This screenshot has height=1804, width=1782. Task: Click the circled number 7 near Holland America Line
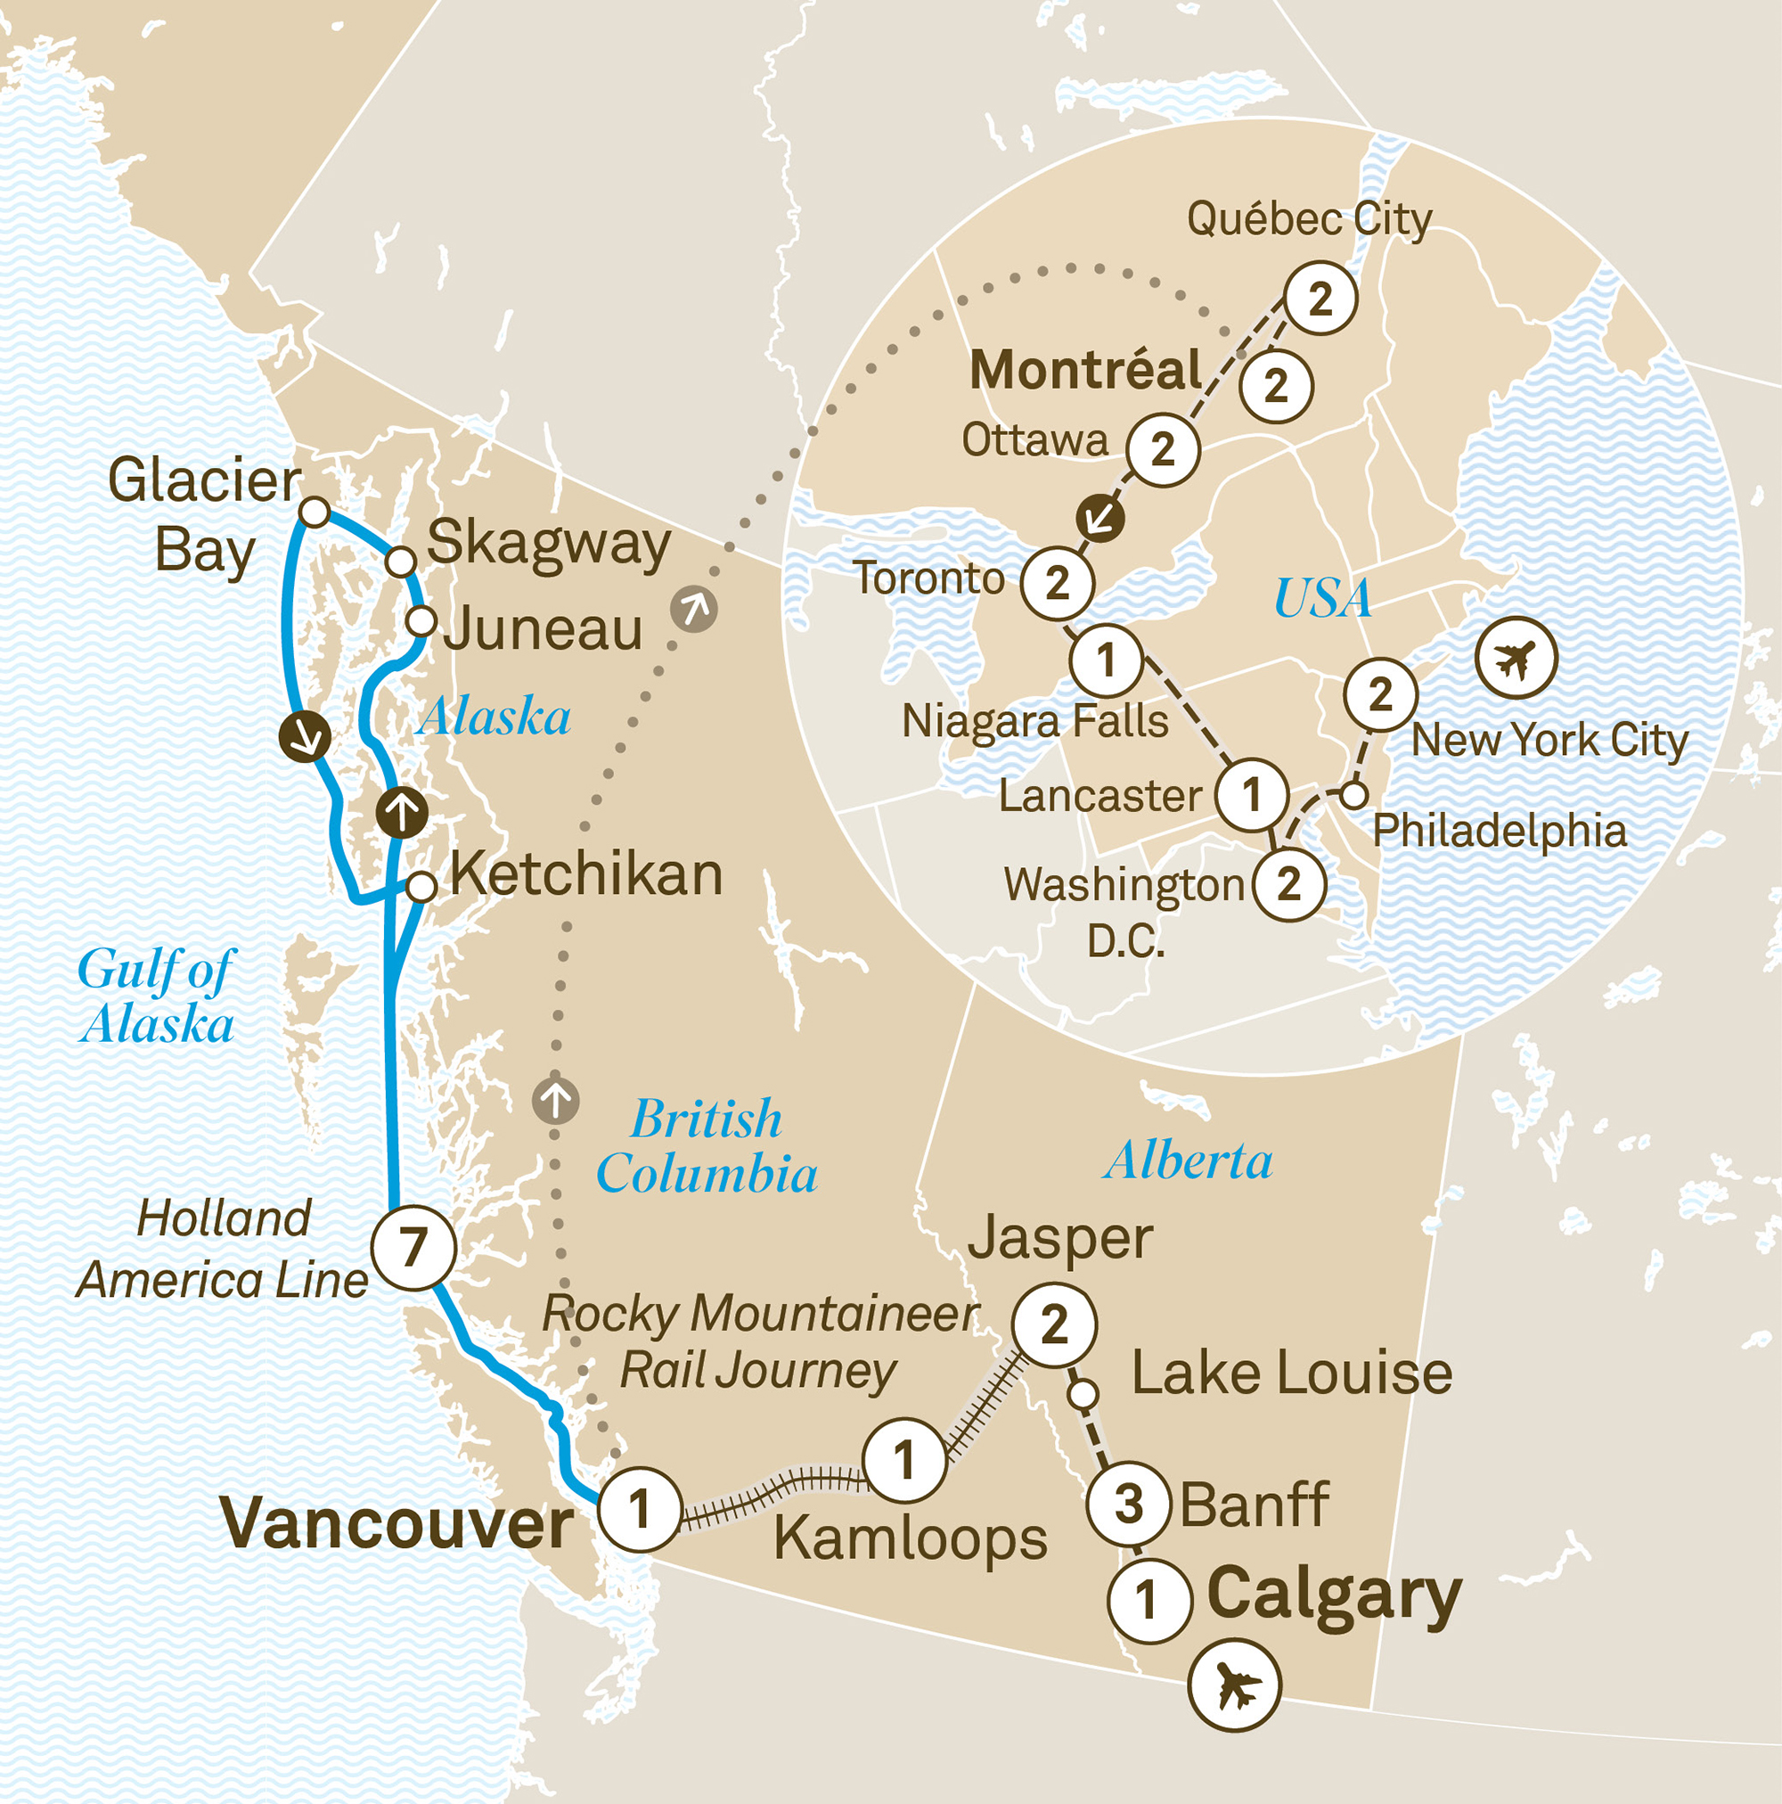coord(413,1248)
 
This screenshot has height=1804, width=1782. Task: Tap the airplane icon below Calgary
coord(1235,1685)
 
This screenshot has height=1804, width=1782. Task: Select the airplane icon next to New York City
coord(1516,658)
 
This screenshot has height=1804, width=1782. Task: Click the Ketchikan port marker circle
coord(422,886)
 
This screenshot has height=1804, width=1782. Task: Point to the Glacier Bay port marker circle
coord(315,512)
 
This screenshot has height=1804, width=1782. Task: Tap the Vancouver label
coord(397,1525)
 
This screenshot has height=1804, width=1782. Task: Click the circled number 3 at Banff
coord(1129,1505)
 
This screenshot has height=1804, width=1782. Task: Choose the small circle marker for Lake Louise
coord(1082,1395)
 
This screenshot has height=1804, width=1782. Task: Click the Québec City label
coord(1309,219)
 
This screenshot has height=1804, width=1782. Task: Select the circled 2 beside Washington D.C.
coord(1288,883)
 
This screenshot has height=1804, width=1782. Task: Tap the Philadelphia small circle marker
coord(1353,796)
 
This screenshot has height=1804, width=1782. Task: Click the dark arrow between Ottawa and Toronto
coord(1099,518)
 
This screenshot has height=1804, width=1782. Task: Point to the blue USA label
coord(1323,599)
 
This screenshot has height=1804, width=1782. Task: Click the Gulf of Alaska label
coord(157,996)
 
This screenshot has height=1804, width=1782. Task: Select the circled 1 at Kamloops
coord(903,1459)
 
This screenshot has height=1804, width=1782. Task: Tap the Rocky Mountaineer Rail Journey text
coord(760,1341)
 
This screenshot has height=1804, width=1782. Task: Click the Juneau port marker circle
coord(421,620)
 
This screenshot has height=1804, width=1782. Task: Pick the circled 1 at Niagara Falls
coord(1106,660)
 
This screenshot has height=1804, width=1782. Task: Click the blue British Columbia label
coord(707,1145)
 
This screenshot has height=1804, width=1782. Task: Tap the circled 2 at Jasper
coord(1054,1325)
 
